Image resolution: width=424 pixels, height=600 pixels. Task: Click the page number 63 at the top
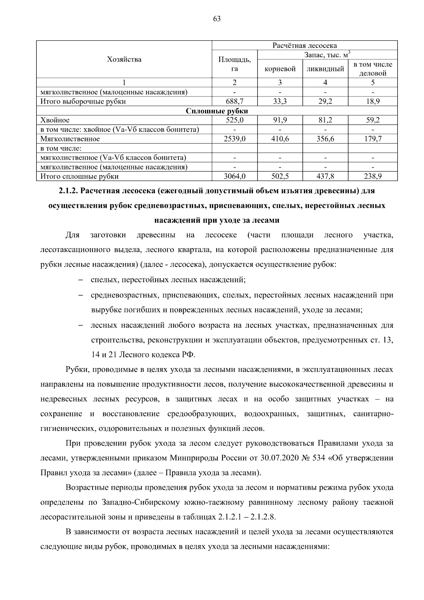217,19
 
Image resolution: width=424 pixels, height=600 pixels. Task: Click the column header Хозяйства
124,59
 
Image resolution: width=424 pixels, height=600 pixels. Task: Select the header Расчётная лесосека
304,46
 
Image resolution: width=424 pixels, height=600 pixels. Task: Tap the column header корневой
280,69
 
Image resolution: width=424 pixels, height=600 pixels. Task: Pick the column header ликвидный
325,69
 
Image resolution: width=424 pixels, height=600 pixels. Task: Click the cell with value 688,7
234,101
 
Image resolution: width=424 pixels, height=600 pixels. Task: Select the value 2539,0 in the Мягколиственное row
234,139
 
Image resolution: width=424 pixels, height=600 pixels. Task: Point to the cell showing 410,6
280,139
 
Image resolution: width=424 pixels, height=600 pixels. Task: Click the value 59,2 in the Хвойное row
372,120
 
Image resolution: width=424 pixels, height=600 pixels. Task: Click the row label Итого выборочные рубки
83,101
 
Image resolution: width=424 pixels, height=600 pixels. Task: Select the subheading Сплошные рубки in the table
217,111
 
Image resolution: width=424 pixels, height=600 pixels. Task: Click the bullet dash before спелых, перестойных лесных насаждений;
81,280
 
